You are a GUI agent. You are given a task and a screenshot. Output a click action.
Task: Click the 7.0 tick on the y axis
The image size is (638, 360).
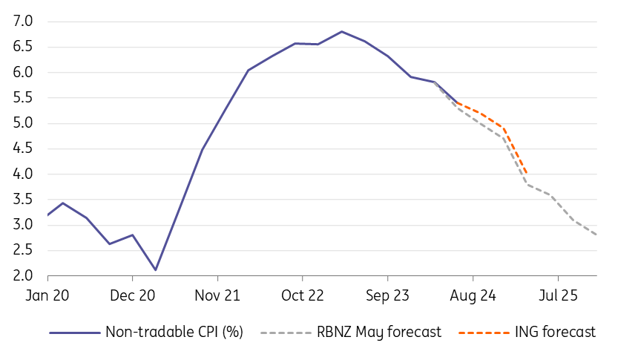pyautogui.click(x=24, y=22)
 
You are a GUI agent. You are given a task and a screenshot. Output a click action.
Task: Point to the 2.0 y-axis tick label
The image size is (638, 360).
pyautogui.click(x=24, y=276)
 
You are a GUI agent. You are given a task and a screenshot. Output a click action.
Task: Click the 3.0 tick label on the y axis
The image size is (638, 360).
pyautogui.click(x=24, y=225)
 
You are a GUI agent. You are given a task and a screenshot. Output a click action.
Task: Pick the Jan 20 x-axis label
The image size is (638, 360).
pyautogui.click(x=47, y=295)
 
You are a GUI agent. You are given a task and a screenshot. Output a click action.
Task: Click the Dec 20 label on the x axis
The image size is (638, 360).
pyautogui.click(x=132, y=295)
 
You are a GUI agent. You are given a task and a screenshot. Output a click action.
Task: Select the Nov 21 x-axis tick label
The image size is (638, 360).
pyautogui.click(x=217, y=295)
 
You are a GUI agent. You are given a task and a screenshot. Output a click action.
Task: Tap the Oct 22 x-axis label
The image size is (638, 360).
pyautogui.click(x=303, y=295)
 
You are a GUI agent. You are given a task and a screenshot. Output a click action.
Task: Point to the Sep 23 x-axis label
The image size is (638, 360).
pyautogui.click(x=388, y=295)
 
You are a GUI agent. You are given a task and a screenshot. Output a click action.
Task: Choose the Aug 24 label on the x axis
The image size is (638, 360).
pyautogui.click(x=473, y=295)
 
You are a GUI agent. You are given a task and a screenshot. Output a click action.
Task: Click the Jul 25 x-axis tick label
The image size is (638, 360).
pyautogui.click(x=558, y=295)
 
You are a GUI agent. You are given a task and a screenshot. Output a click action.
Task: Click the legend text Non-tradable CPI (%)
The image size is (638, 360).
pyautogui.click(x=174, y=332)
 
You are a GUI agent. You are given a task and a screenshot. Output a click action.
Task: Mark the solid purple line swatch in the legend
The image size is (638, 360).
pyautogui.click(x=74, y=332)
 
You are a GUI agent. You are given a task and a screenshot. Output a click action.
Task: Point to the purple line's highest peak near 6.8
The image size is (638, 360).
pyautogui.click(x=341, y=32)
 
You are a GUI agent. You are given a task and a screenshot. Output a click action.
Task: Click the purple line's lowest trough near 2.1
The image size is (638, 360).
pyautogui.click(x=156, y=269)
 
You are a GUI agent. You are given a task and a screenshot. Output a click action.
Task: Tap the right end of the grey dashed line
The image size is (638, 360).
pyautogui.click(x=598, y=235)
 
